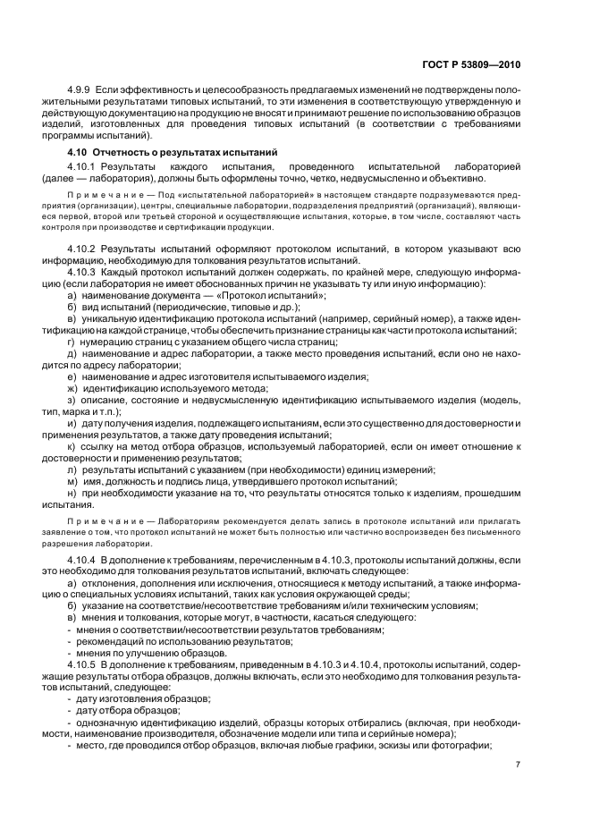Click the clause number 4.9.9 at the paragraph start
click(80, 93)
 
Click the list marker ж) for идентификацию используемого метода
click(72, 387)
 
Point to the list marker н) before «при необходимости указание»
click(72, 493)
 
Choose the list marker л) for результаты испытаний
click(72, 469)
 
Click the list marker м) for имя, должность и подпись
click(72, 481)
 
